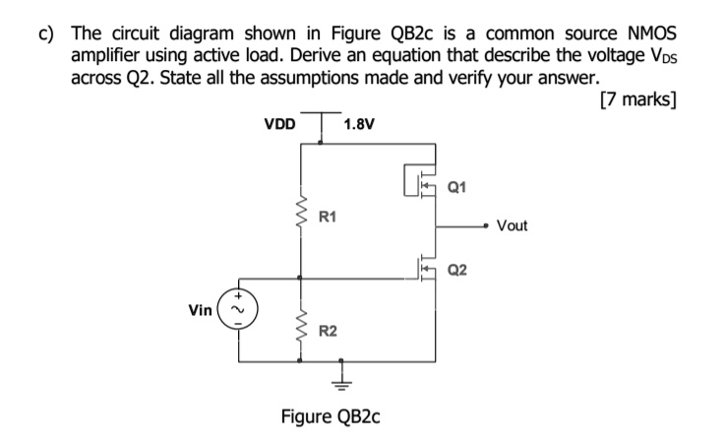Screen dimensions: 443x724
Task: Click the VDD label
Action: (x=279, y=125)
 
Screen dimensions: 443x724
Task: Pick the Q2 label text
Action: (x=458, y=270)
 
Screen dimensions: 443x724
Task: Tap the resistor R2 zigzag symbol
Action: (x=301, y=329)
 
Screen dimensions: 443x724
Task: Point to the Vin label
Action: (x=202, y=309)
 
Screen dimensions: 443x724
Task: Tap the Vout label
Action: (x=512, y=225)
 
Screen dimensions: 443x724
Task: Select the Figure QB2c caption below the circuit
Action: (x=331, y=415)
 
